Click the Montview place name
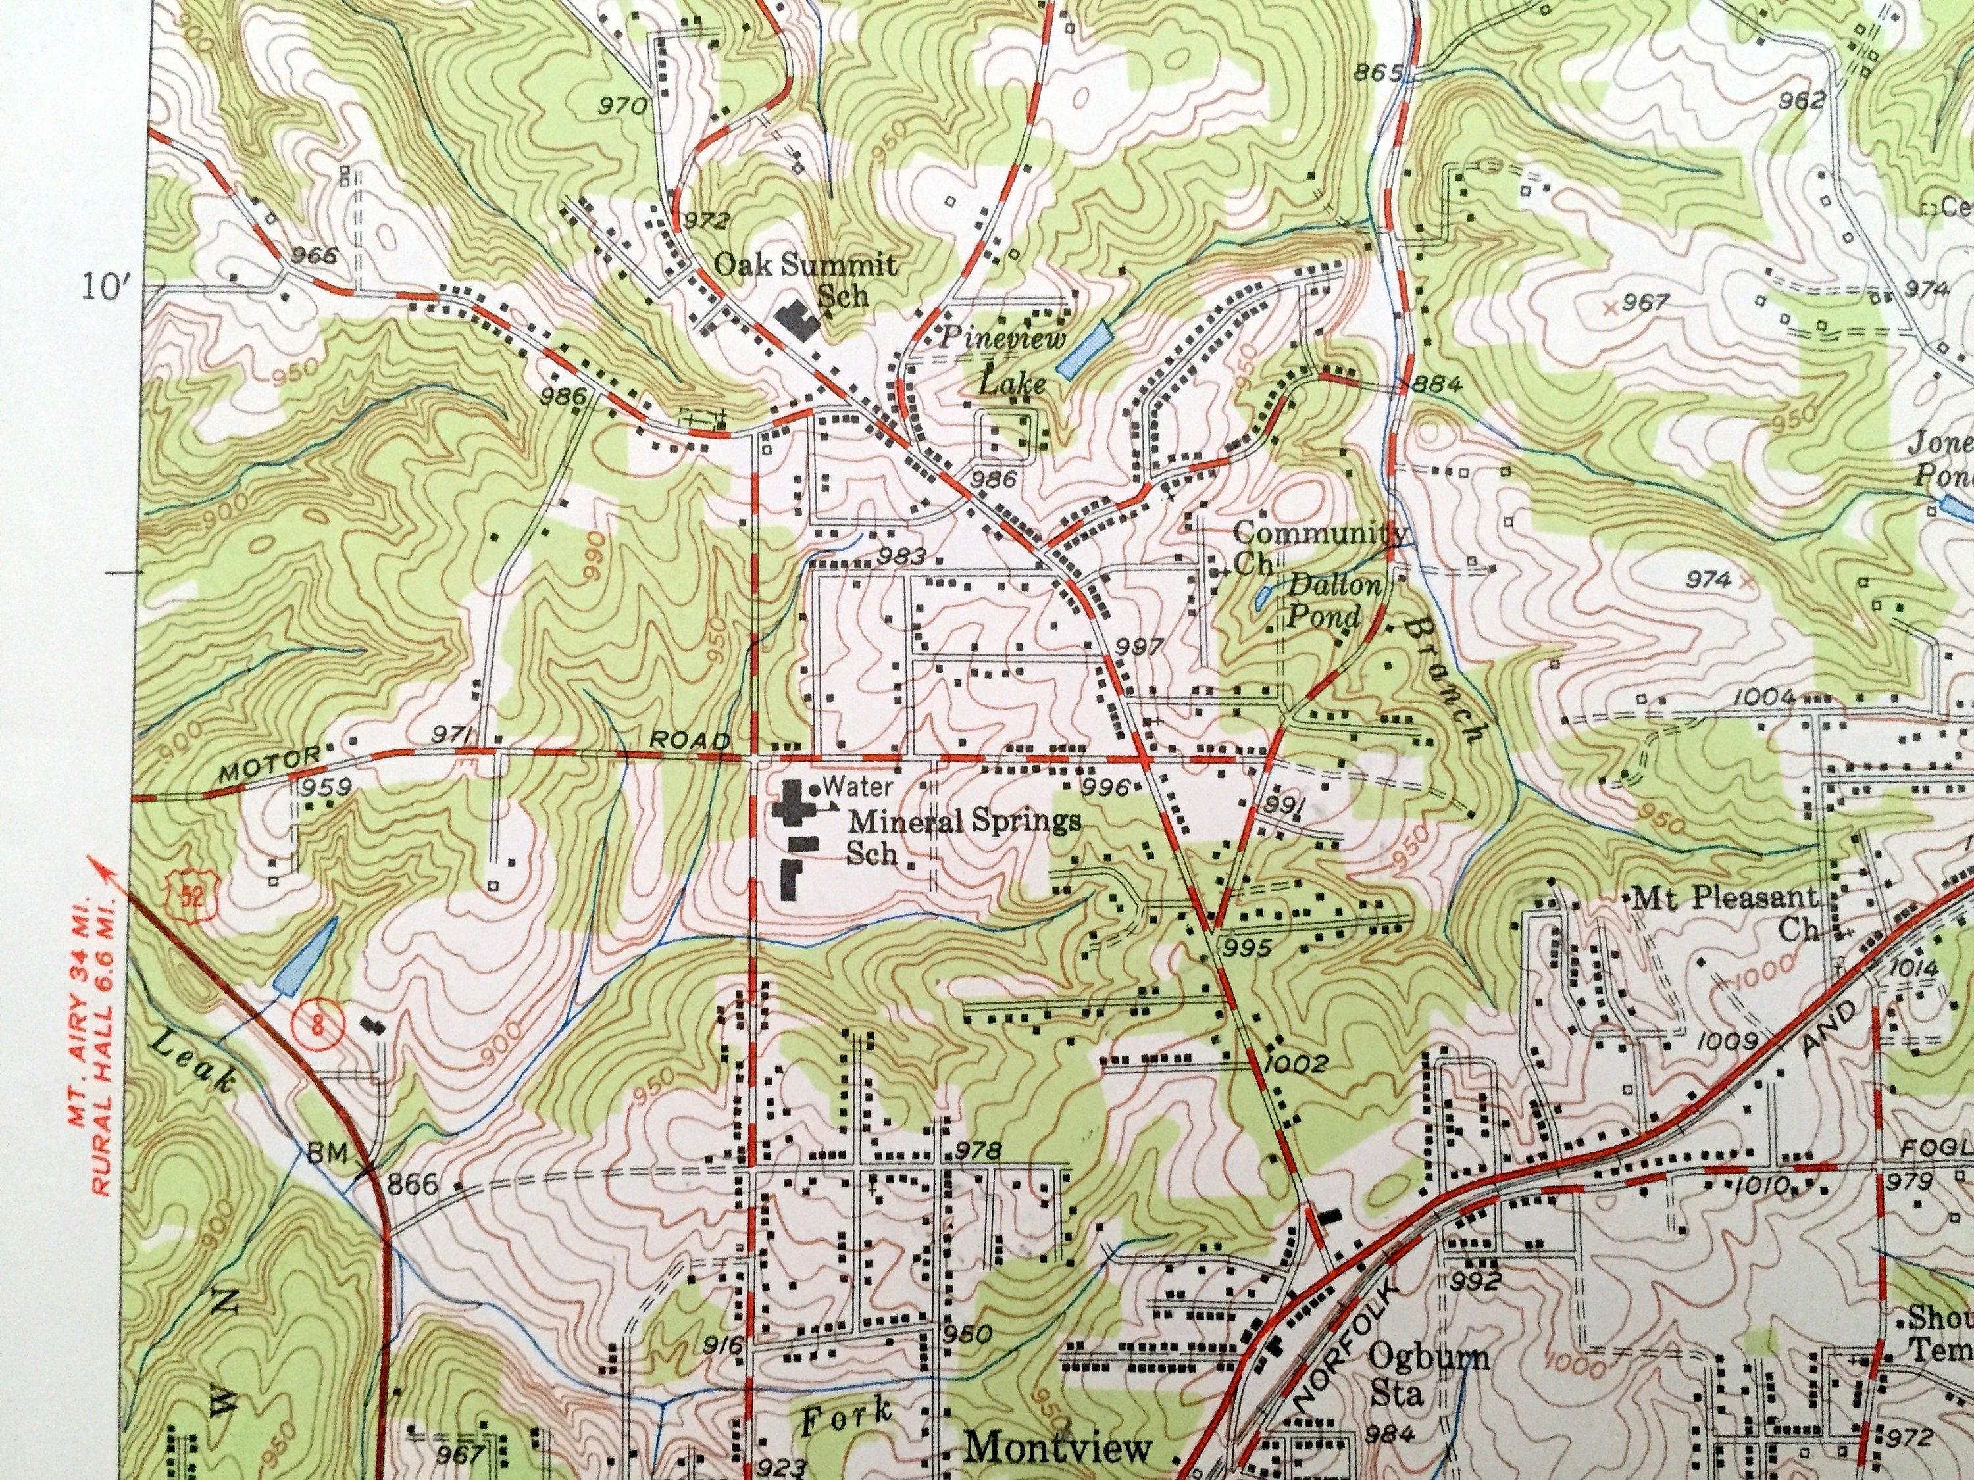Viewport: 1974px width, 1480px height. tap(1058, 1447)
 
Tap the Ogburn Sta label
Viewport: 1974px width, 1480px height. tap(1429, 1375)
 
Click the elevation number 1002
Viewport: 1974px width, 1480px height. tap(1296, 1064)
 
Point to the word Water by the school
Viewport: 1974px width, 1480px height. tap(857, 786)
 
